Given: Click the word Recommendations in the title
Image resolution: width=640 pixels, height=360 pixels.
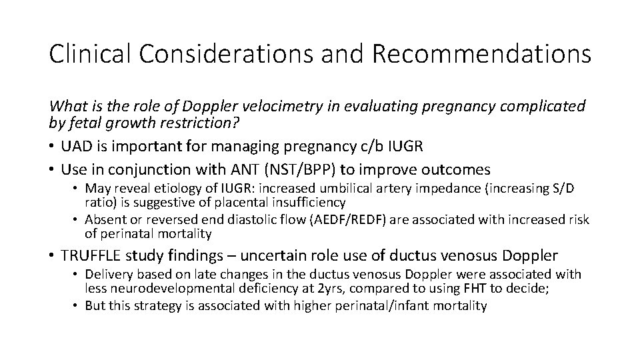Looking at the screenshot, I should pos(481,54).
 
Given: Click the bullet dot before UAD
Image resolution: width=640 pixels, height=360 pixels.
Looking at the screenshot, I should pos(52,145).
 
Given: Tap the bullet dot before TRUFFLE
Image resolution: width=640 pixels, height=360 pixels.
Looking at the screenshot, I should pos(52,255).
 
